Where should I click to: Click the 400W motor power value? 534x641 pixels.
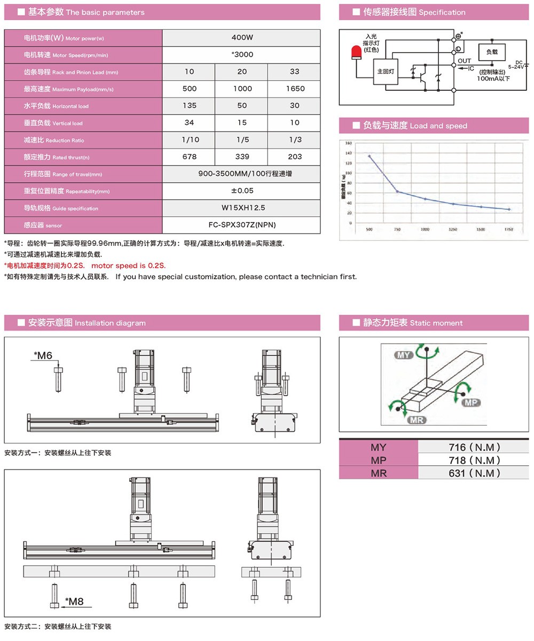(x=242, y=37)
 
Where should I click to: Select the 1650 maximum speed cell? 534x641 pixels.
(x=294, y=89)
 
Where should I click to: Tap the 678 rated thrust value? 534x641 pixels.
(x=189, y=157)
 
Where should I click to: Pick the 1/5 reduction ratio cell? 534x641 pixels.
(x=242, y=139)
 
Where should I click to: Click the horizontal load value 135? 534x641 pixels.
(x=189, y=105)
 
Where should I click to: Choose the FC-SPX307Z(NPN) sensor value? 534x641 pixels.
(x=242, y=225)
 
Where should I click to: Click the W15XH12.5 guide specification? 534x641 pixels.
(x=242, y=208)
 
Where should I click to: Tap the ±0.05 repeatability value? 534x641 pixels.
(x=242, y=191)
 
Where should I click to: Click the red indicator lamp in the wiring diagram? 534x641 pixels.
(x=356, y=52)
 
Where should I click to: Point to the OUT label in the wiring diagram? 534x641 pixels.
(x=465, y=61)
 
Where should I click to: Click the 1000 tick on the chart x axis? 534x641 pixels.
(x=425, y=229)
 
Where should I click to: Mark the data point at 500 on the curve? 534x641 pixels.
(x=369, y=157)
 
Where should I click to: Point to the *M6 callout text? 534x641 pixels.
(x=43, y=355)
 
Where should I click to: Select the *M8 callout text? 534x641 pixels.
(x=74, y=601)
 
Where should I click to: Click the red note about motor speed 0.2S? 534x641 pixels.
(x=85, y=265)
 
